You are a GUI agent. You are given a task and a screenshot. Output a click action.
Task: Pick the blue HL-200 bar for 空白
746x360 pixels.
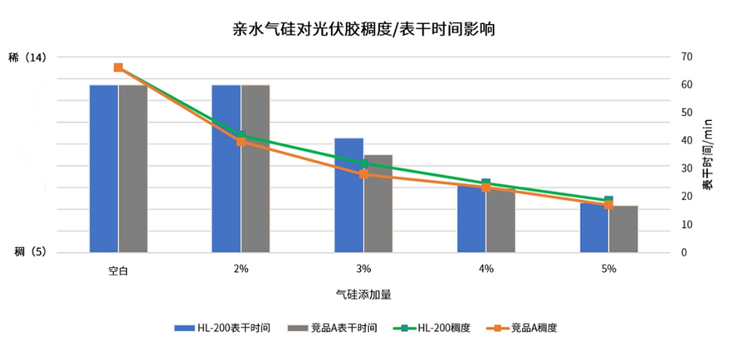click(x=104, y=168)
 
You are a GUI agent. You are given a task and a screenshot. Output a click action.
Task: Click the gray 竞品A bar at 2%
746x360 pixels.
click(x=256, y=168)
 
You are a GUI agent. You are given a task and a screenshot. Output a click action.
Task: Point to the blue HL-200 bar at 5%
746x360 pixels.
click(x=593, y=227)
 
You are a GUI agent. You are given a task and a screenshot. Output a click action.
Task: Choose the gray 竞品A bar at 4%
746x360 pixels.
click(x=501, y=220)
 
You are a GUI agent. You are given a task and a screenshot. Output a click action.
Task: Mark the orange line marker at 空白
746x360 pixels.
click(x=119, y=67)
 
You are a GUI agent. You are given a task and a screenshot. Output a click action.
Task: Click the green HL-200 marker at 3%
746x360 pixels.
click(x=363, y=163)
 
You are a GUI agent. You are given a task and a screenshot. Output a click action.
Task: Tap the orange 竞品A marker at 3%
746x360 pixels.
click(x=363, y=174)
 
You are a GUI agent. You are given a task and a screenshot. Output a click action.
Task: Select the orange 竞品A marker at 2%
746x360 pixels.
click(x=241, y=142)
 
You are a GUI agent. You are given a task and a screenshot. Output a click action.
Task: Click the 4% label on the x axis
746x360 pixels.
click(x=486, y=269)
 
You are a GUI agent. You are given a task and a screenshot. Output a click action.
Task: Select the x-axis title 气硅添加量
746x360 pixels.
click(x=363, y=294)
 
